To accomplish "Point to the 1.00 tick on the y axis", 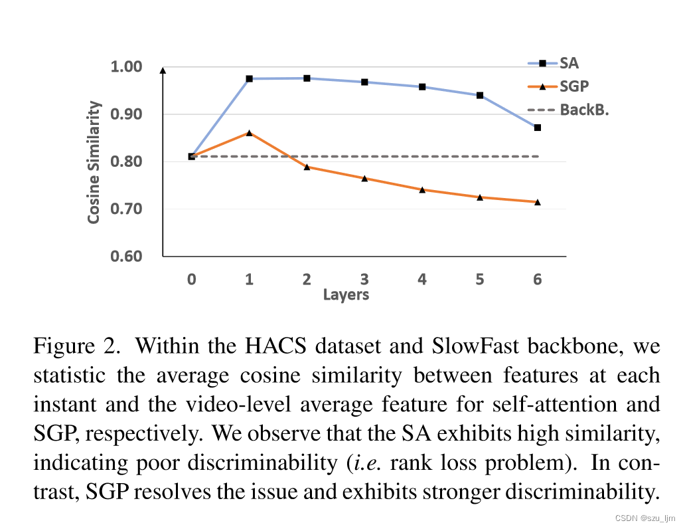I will (x=126, y=66).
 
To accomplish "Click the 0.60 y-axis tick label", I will (x=126, y=257).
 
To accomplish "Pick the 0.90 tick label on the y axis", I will (x=126, y=114).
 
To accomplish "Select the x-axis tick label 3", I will (x=364, y=279).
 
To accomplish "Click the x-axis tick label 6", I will (x=537, y=279).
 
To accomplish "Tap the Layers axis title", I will (x=346, y=294).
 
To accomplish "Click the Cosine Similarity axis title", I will (x=95, y=162).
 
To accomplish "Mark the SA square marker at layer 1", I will (x=249, y=78).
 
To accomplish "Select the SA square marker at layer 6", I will (x=537, y=128).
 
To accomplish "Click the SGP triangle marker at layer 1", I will (x=249, y=133).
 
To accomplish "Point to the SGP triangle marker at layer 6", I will (x=537, y=202).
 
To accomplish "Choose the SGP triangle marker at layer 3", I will (x=364, y=178).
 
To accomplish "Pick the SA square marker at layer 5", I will (x=479, y=95).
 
